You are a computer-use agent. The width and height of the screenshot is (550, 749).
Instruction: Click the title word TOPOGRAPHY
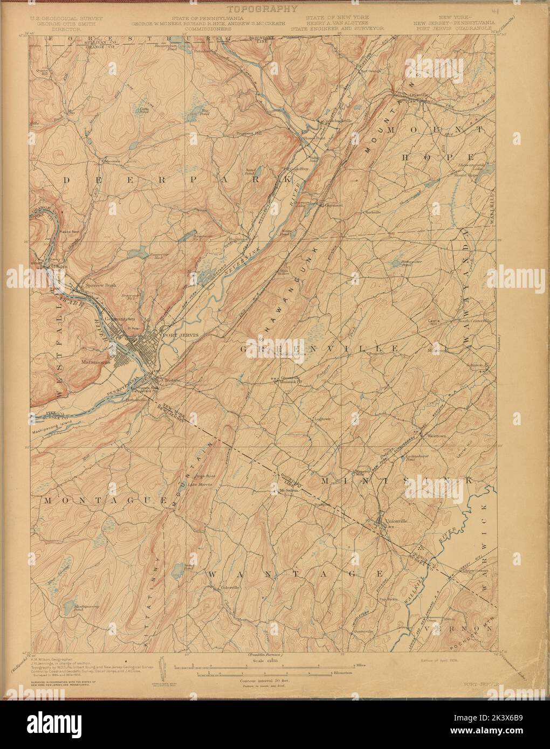[262, 9]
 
